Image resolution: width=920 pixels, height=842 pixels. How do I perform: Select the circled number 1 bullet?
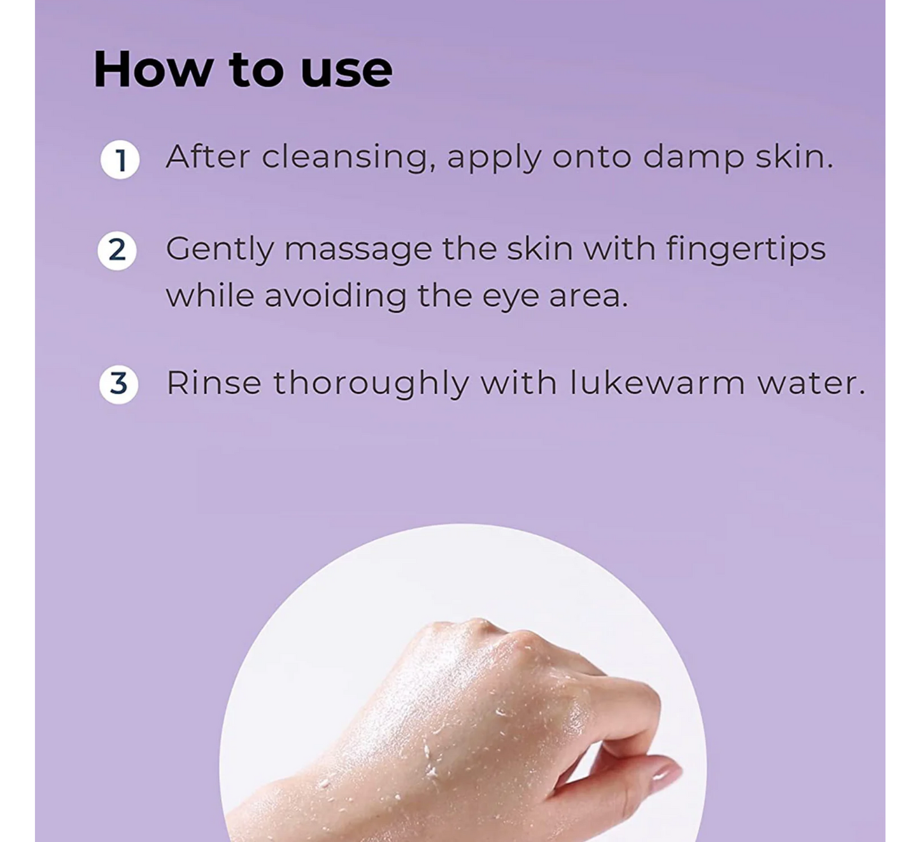(120, 160)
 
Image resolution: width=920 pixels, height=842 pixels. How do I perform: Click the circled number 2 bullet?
(117, 251)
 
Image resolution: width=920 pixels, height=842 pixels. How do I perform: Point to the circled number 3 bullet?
(118, 384)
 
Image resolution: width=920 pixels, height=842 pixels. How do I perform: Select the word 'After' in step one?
(208, 156)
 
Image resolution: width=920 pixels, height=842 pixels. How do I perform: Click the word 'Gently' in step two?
(220, 249)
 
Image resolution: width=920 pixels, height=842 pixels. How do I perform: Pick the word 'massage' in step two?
(358, 249)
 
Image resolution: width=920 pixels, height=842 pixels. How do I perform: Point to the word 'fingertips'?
(746, 249)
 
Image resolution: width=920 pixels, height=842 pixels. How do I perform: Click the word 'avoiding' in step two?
(335, 296)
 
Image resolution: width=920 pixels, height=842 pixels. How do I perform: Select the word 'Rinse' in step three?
(213, 384)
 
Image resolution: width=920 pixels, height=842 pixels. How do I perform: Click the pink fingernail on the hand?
(664, 775)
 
